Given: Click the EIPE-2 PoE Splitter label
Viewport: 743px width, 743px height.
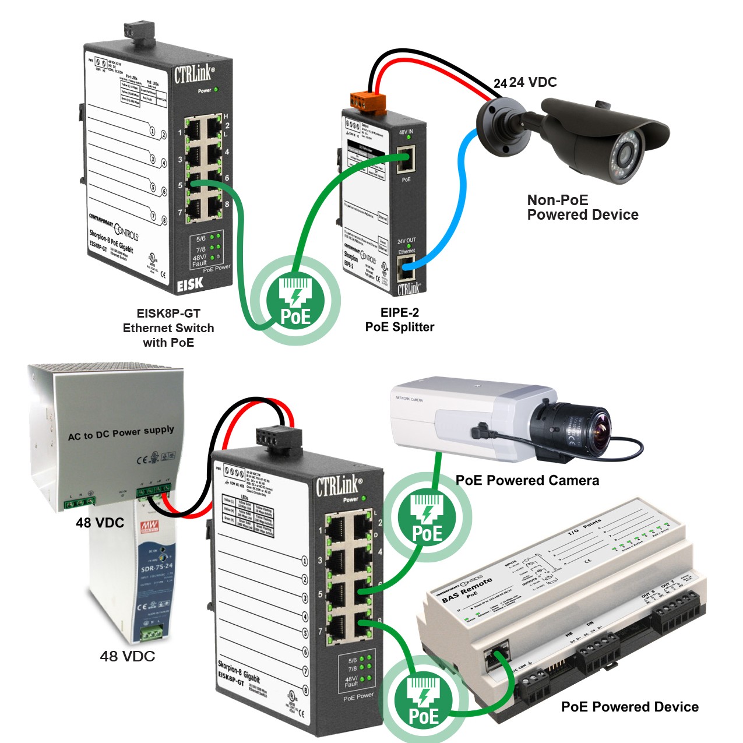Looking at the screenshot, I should pos(400,319).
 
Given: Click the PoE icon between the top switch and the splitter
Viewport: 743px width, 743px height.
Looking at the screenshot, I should pos(296,301).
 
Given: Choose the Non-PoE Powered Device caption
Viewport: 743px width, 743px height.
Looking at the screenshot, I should pos(582,207).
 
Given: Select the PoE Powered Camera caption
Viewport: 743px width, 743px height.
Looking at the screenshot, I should pos(527,480).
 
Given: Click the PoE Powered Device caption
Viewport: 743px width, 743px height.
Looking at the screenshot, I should pos(629,707).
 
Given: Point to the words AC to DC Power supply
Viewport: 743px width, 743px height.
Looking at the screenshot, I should pos(121,432).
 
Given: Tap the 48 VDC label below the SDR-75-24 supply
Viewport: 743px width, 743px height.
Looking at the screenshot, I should pos(127,656).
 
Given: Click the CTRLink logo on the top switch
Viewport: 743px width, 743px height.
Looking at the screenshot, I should pos(194,75).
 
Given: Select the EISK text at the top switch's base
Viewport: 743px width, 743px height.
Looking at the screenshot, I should pos(190,284).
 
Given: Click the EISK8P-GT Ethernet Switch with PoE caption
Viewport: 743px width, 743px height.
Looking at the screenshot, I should pos(168,328).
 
